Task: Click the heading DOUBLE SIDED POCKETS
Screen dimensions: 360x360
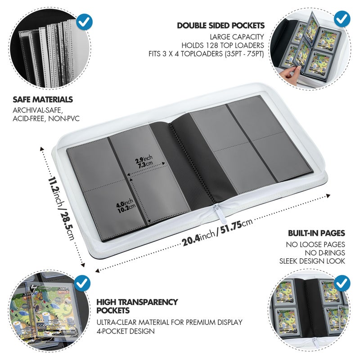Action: [220, 26]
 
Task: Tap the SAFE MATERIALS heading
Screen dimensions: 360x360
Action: [43, 99]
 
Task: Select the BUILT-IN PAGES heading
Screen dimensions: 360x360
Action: [317, 233]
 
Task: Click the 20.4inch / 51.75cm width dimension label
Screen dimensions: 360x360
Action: [217, 232]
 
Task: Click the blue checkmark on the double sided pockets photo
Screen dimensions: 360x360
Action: [342, 19]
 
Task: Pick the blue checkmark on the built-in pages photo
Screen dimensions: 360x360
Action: [342, 283]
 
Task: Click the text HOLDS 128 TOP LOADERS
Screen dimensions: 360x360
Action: [223, 45]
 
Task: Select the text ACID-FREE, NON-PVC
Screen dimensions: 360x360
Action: [46, 118]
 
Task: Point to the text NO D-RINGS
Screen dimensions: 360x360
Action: [325, 253]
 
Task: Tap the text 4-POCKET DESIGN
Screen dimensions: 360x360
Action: [126, 331]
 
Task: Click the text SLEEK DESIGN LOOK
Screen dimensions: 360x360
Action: [312, 261]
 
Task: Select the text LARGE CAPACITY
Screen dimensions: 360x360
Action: [237, 37]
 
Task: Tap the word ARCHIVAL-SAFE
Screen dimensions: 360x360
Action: [38, 110]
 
